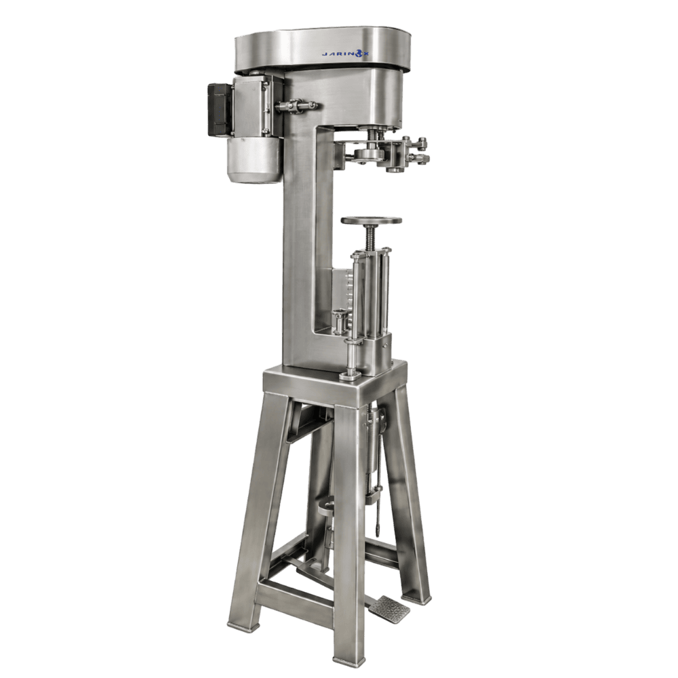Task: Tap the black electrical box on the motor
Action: [220, 110]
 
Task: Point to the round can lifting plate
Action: [371, 220]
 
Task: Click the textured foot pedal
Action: [388, 610]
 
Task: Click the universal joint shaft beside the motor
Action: [297, 105]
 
